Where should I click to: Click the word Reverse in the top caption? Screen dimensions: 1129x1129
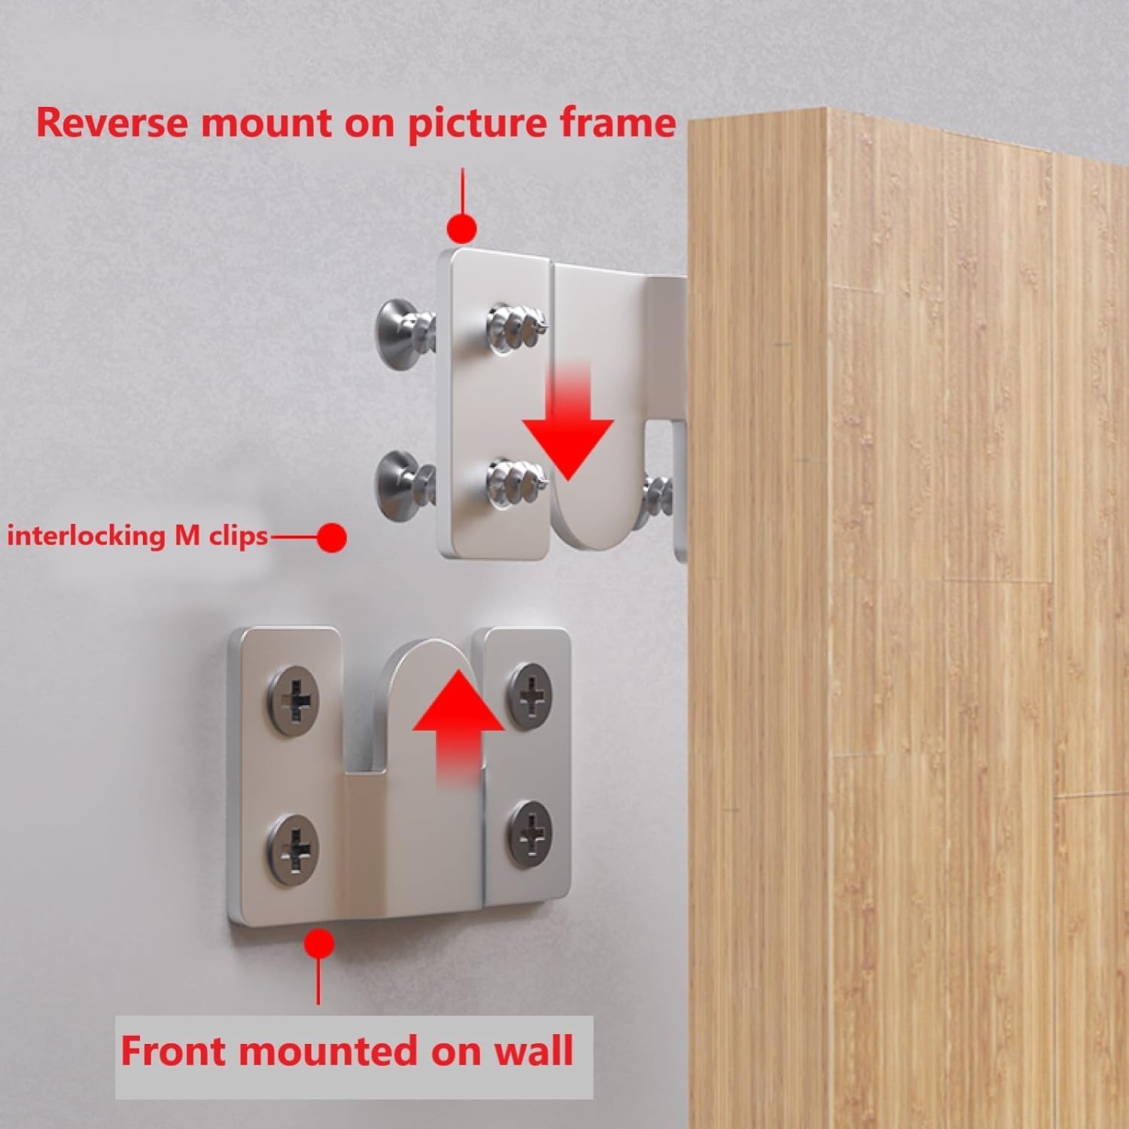[112, 122]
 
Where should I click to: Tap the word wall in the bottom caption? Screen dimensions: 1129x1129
[533, 1050]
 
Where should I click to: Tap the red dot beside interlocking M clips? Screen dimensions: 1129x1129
[331, 537]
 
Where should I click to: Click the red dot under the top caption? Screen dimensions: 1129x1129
[461, 227]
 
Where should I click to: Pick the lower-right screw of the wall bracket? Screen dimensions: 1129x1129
[531, 833]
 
